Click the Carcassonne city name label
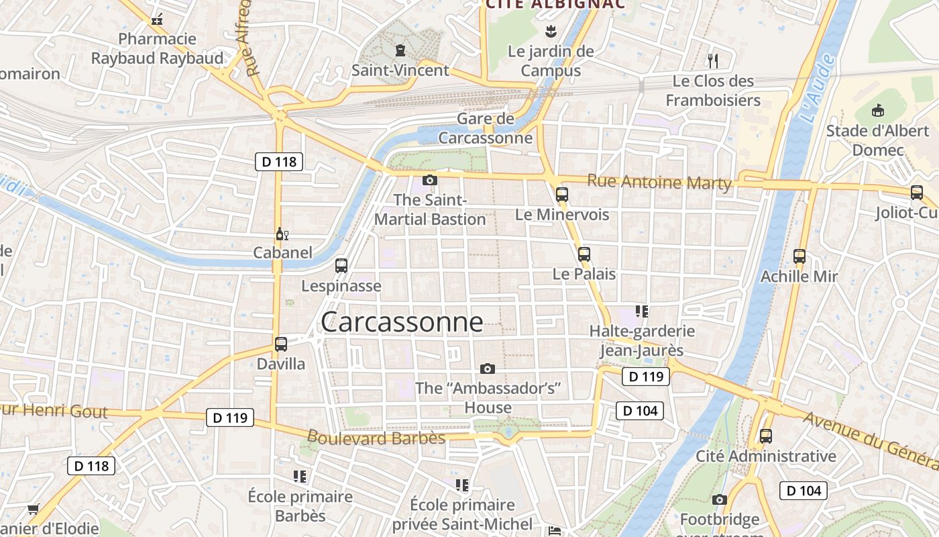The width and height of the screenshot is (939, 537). [402, 322]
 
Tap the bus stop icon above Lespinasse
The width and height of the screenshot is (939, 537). [341, 265]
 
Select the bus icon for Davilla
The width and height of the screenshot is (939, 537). [281, 344]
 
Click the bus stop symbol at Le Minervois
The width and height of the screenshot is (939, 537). [562, 195]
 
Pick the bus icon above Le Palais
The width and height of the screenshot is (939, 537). [584, 254]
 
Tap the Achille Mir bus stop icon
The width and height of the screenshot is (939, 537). [799, 256]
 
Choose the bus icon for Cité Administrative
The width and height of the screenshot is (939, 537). [766, 436]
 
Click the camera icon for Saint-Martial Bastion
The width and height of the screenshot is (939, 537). [430, 180]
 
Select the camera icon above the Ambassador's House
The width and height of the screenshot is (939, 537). [488, 369]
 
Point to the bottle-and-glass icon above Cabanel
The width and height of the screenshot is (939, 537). [282, 234]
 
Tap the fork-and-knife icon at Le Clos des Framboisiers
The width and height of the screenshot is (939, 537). [713, 61]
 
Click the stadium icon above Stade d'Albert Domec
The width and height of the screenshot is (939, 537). [877, 110]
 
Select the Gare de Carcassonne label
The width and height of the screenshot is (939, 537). [486, 129]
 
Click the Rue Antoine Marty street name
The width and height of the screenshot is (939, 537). [659, 182]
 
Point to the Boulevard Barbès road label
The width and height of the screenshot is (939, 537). [376, 438]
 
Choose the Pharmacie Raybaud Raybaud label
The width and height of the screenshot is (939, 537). [157, 48]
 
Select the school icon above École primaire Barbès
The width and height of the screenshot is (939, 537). [300, 477]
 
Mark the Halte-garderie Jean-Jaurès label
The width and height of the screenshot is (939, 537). [642, 340]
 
